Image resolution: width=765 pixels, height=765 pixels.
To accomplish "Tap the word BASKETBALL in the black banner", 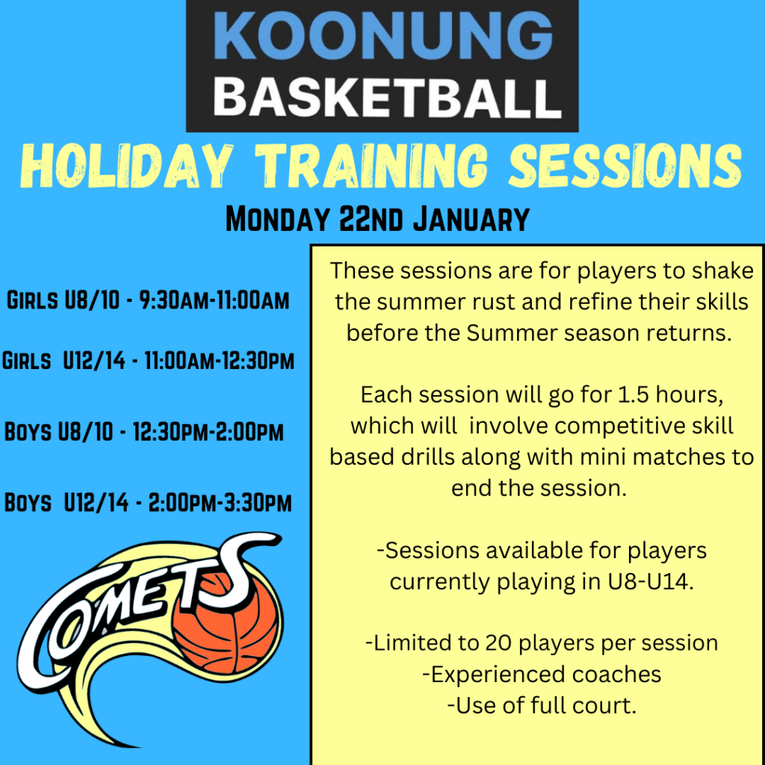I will (382, 97).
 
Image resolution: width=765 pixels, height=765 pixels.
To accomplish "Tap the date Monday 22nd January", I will (377, 220).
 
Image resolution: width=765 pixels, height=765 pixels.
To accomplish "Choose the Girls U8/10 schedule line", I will (148, 301).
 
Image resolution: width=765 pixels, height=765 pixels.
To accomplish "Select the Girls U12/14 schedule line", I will (148, 362).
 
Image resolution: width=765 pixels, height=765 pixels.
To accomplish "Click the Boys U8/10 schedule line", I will (144, 432).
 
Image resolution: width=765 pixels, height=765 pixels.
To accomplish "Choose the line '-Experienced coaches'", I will (542, 674).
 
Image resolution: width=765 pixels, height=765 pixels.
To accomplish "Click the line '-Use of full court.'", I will (542, 705).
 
